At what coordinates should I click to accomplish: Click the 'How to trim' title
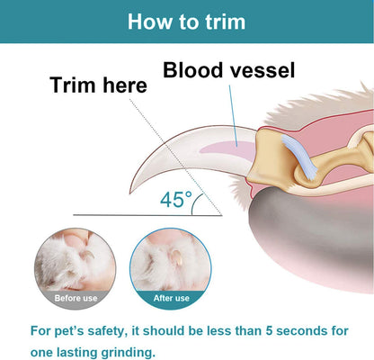click(186, 21)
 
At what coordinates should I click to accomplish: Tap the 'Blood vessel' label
click(228, 70)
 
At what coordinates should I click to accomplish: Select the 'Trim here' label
click(98, 85)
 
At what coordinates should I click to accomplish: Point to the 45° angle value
click(176, 200)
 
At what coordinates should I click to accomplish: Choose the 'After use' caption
click(172, 298)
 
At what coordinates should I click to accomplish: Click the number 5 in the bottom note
click(270, 330)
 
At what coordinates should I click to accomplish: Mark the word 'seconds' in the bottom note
click(309, 330)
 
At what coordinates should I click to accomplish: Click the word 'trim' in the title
click(223, 21)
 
